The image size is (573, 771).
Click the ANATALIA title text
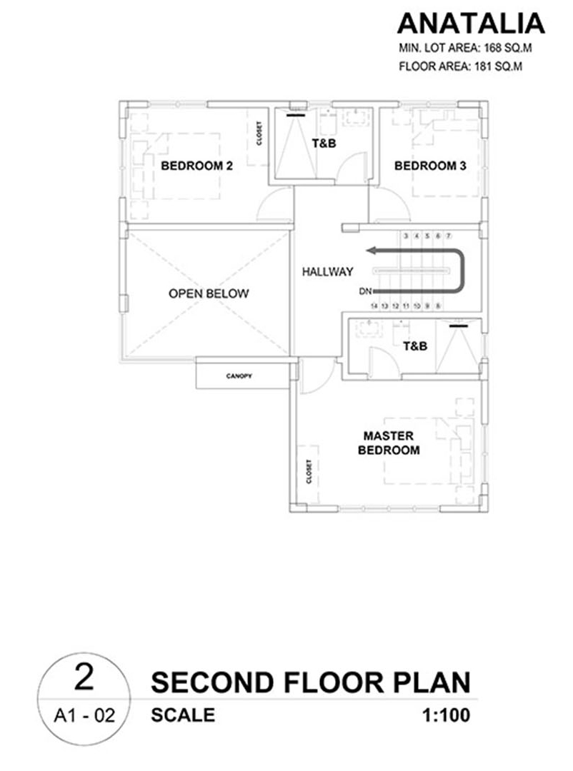coord(471,24)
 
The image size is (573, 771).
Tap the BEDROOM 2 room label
coord(196,166)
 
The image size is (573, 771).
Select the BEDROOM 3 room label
coord(430,166)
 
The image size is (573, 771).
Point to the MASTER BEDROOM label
coord(389,443)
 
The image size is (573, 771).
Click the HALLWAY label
coord(327,271)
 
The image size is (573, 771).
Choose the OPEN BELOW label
coord(209,293)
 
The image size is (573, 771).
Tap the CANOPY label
coord(239,376)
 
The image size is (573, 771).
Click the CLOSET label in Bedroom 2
coord(259,133)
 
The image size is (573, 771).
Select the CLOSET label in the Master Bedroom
coord(309,472)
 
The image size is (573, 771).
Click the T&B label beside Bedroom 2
coord(324,143)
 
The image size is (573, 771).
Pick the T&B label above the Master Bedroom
coord(415,346)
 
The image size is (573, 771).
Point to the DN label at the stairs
coord(365,291)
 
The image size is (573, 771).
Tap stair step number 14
coord(374,306)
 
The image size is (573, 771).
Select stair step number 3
coord(406,236)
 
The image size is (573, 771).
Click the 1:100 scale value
coord(446,715)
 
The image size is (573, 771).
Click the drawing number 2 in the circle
coord(84,677)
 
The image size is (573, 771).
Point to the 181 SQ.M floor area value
coord(498,66)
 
